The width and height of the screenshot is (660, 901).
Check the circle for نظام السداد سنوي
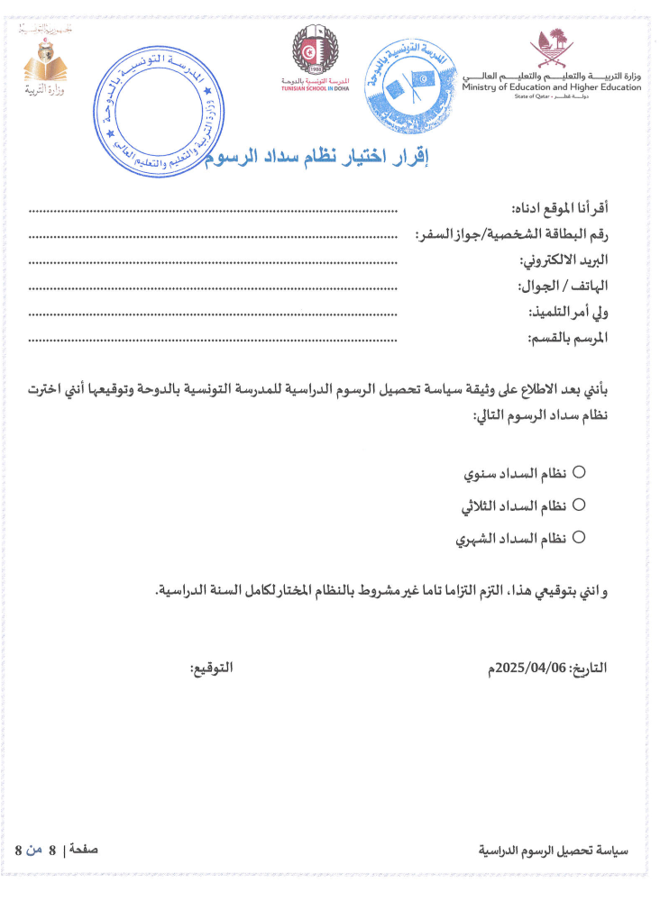click(x=580, y=471)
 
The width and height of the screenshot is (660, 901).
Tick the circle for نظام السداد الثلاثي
click(x=580, y=505)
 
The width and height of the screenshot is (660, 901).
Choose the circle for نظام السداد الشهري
click(x=580, y=537)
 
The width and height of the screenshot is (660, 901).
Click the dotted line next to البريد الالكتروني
click(x=213, y=262)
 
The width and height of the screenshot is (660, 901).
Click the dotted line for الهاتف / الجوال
click(x=213, y=288)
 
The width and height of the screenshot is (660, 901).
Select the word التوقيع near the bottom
click(x=211, y=669)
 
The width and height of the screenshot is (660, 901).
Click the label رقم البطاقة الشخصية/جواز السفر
click(x=511, y=236)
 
